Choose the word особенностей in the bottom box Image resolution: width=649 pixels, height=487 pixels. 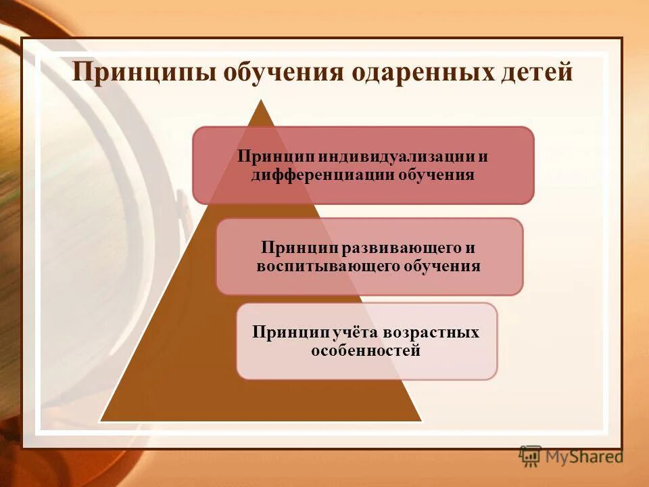[x=366, y=351]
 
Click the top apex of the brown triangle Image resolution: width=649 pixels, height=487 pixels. [x=261, y=101]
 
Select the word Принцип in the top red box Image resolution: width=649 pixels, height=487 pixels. [x=268, y=156]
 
